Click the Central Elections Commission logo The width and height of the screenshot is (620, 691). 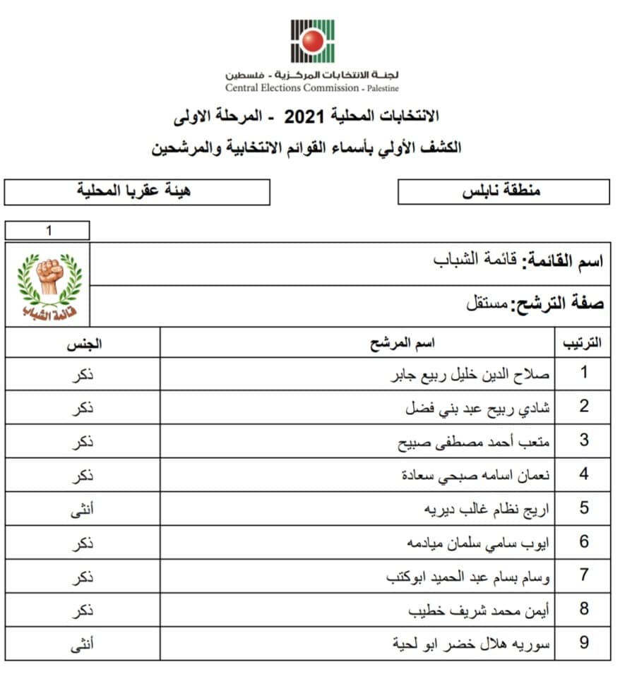point(312,41)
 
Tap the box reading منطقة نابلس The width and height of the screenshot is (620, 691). point(503,191)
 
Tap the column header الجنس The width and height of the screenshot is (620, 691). point(83,344)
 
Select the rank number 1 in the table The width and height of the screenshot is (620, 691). point(583,373)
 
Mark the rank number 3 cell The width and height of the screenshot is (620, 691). point(583,440)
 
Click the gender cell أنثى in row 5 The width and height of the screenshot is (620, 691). point(83,508)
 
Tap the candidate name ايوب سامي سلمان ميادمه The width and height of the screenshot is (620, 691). point(477,543)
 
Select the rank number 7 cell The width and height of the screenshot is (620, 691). point(583,575)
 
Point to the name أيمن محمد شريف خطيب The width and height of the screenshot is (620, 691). point(479,610)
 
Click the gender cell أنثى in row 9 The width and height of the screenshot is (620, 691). point(83,643)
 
